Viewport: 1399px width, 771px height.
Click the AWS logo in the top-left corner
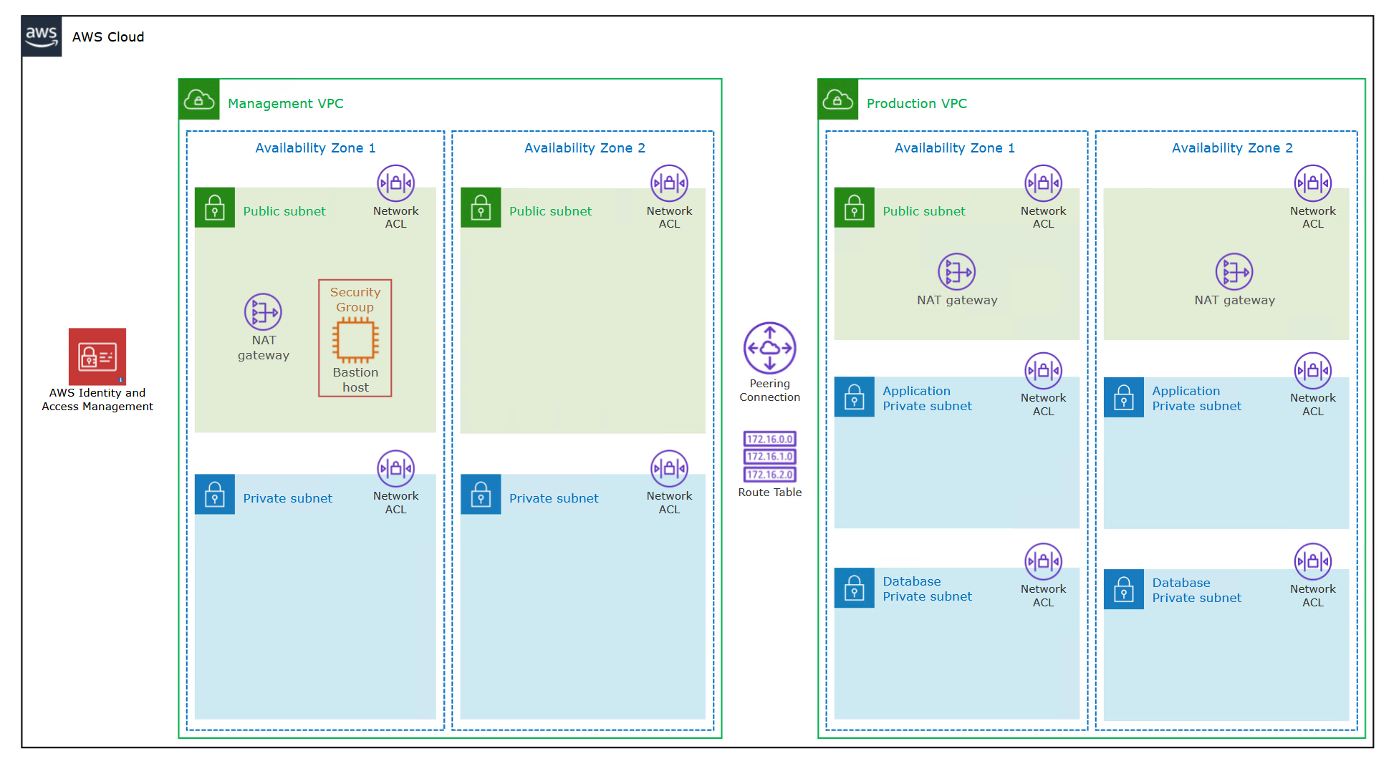pos(42,37)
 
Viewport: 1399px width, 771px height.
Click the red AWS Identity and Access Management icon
pos(97,357)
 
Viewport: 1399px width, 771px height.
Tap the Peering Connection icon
pos(769,348)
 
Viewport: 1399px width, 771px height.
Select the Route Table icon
pos(769,457)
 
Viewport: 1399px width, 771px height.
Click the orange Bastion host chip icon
pos(355,340)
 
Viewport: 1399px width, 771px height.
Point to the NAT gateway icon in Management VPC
pos(263,312)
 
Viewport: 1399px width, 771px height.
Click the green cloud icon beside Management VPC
pos(199,100)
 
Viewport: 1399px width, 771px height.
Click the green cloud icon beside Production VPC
pos(837,100)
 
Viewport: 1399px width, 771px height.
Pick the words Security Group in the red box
pos(355,299)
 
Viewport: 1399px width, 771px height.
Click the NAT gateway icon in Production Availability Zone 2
pos(1234,272)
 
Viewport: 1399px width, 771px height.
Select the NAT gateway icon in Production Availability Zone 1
pos(956,272)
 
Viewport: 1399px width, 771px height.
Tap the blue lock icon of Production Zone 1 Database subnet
pos(854,588)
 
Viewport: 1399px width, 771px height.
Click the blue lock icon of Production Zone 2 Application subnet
pos(1123,397)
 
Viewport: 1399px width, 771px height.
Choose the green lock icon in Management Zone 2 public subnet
pos(481,208)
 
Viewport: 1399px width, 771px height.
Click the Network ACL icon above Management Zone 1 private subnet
pos(395,469)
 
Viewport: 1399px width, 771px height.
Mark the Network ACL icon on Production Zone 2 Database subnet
pos(1312,562)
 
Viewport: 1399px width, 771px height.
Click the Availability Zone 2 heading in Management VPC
pos(585,148)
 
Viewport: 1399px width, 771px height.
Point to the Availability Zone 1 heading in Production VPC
pos(954,148)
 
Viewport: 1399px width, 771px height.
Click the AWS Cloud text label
pos(108,37)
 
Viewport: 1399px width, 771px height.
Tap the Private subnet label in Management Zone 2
pos(554,498)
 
